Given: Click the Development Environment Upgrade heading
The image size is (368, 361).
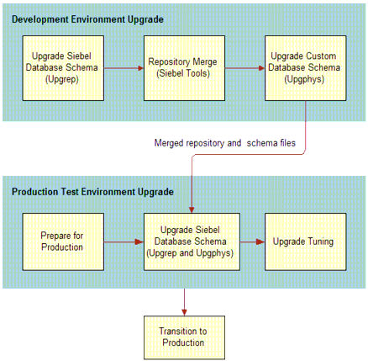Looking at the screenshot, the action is click(x=87, y=19).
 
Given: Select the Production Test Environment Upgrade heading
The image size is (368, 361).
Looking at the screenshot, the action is click(x=92, y=192).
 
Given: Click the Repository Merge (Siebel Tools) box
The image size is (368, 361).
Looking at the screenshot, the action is click(x=184, y=68).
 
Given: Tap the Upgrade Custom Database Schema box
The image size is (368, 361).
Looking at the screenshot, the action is click(x=306, y=68).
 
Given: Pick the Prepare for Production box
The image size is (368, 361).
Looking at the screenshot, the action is click(x=63, y=242).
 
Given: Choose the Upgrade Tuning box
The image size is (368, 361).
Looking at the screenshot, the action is click(x=306, y=242).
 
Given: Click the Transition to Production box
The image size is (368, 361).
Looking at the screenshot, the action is click(x=184, y=337).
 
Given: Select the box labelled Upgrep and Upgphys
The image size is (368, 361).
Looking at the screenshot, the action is click(x=192, y=242).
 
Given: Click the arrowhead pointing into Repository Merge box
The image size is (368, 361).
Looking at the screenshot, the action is click(x=141, y=68).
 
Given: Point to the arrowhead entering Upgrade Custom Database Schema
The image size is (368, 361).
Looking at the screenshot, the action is click(x=262, y=68).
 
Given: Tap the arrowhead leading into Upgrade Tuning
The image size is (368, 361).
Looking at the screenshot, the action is click(x=261, y=242).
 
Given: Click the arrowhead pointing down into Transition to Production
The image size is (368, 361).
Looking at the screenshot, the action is click(x=184, y=312).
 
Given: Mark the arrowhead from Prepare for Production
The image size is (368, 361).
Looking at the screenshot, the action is click(x=139, y=242).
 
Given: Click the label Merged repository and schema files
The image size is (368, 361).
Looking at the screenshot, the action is click(x=225, y=143).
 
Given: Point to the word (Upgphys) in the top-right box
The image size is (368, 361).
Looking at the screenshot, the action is click(x=304, y=79).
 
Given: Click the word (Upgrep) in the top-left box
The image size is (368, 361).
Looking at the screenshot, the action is click(x=62, y=79).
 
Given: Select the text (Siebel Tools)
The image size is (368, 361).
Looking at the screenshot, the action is click(x=183, y=73).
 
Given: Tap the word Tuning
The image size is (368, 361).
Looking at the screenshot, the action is click(x=320, y=242).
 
